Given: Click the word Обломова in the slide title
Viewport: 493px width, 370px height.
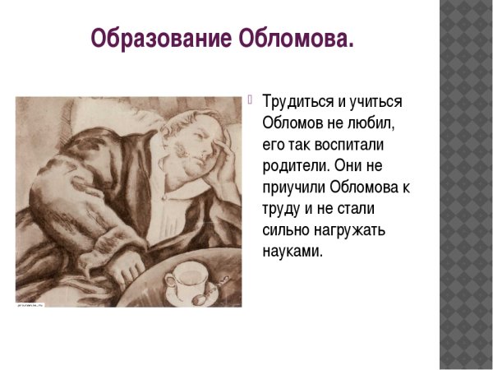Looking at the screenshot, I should point(290,39).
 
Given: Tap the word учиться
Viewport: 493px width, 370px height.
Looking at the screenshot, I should point(376,102).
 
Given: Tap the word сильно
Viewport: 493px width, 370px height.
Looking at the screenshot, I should point(287,231).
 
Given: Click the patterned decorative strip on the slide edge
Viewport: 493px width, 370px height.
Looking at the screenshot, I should point(466,185).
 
